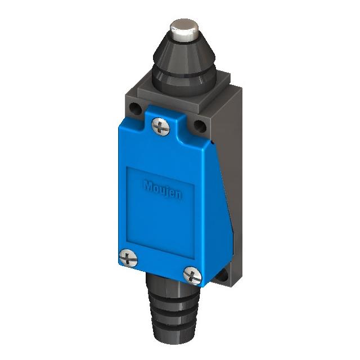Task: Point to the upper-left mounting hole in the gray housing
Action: point(135,109)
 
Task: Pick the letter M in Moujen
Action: point(147,183)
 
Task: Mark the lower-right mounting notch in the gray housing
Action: point(224,276)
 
